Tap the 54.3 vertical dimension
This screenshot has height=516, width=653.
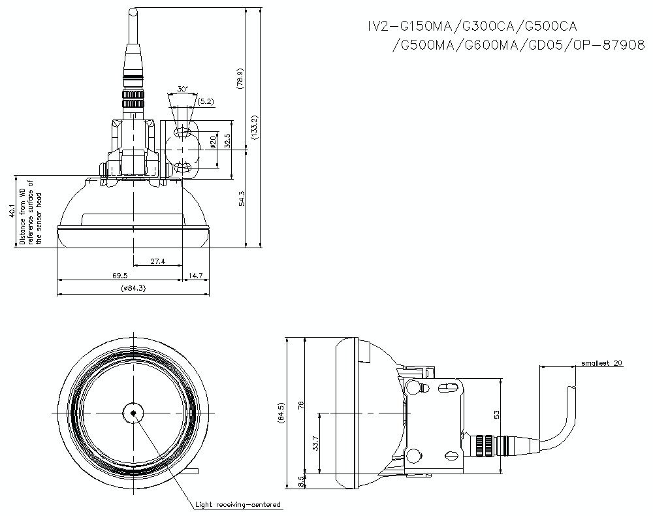[x=242, y=199]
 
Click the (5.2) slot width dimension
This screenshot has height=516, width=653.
[x=205, y=101]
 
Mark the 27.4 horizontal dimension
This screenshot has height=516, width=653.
[x=157, y=261]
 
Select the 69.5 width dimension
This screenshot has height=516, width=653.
[x=119, y=276]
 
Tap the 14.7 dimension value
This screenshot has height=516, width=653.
[x=196, y=276]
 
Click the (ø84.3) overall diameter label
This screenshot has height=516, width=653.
[x=133, y=289]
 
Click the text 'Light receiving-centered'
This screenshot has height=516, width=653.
[x=238, y=504]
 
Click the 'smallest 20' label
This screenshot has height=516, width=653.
[x=601, y=363]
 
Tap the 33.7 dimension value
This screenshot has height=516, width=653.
[x=315, y=445]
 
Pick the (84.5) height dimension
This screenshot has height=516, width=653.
[x=281, y=414]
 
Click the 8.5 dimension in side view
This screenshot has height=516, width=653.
[x=300, y=481]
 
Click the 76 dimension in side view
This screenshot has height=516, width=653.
[x=300, y=405]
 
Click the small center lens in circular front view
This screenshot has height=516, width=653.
[x=133, y=413]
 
